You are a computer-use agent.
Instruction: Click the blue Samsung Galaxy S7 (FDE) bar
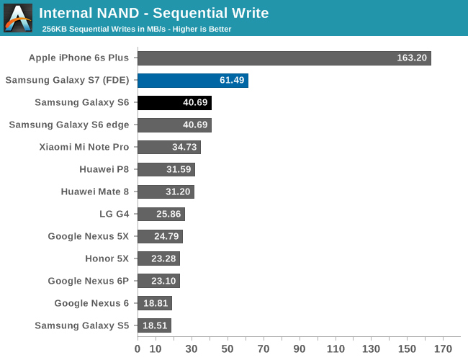pos(192,81)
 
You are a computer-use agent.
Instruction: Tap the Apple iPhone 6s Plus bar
pos(284,58)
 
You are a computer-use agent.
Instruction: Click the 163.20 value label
pos(412,58)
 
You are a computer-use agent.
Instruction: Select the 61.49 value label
pos(232,81)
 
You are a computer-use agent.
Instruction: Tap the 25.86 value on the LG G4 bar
pos(169,214)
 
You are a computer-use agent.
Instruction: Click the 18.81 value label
pos(156,303)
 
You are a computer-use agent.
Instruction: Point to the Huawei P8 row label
pos(104,169)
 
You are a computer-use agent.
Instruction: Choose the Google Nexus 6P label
pos(89,281)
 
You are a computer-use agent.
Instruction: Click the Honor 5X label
pos(107,258)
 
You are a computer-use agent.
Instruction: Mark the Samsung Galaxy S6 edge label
pos(69,125)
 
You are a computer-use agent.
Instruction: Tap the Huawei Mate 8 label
pos(96,192)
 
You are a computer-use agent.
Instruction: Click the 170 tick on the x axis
pos(443,349)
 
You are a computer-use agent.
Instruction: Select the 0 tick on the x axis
pos(138,349)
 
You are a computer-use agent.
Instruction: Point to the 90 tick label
pos(300,349)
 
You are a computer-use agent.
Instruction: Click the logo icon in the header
pos(18,18)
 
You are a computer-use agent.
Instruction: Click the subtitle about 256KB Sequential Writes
pos(137,29)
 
